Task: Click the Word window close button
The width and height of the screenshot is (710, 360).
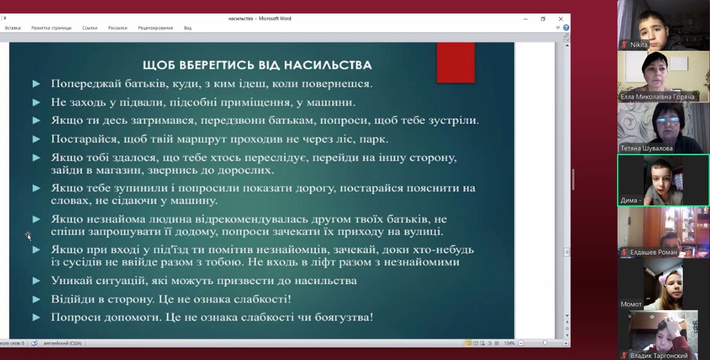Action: (561, 19)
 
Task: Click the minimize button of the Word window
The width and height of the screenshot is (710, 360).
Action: (526, 19)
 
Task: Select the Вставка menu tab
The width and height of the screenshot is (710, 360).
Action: (13, 28)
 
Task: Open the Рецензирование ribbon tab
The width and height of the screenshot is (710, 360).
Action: (155, 28)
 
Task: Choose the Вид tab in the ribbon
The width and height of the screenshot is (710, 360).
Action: (187, 28)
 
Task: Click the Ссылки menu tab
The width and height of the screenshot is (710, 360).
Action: (90, 28)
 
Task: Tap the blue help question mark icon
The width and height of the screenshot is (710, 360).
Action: (566, 28)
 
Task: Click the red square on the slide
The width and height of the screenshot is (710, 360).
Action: (456, 63)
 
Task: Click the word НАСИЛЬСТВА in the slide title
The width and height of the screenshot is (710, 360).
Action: (328, 65)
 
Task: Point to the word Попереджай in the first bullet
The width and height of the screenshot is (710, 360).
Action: (86, 84)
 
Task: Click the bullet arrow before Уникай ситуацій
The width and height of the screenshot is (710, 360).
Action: (37, 281)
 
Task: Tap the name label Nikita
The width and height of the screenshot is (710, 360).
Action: (639, 45)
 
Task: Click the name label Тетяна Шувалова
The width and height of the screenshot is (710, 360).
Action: (646, 148)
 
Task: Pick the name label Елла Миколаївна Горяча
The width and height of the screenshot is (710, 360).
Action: (657, 97)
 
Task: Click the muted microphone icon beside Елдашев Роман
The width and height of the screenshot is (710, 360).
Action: (624, 252)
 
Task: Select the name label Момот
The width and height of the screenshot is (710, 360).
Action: (631, 304)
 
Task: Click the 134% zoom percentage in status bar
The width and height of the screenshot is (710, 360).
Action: (510, 343)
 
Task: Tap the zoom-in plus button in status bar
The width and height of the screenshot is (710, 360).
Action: (565, 343)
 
